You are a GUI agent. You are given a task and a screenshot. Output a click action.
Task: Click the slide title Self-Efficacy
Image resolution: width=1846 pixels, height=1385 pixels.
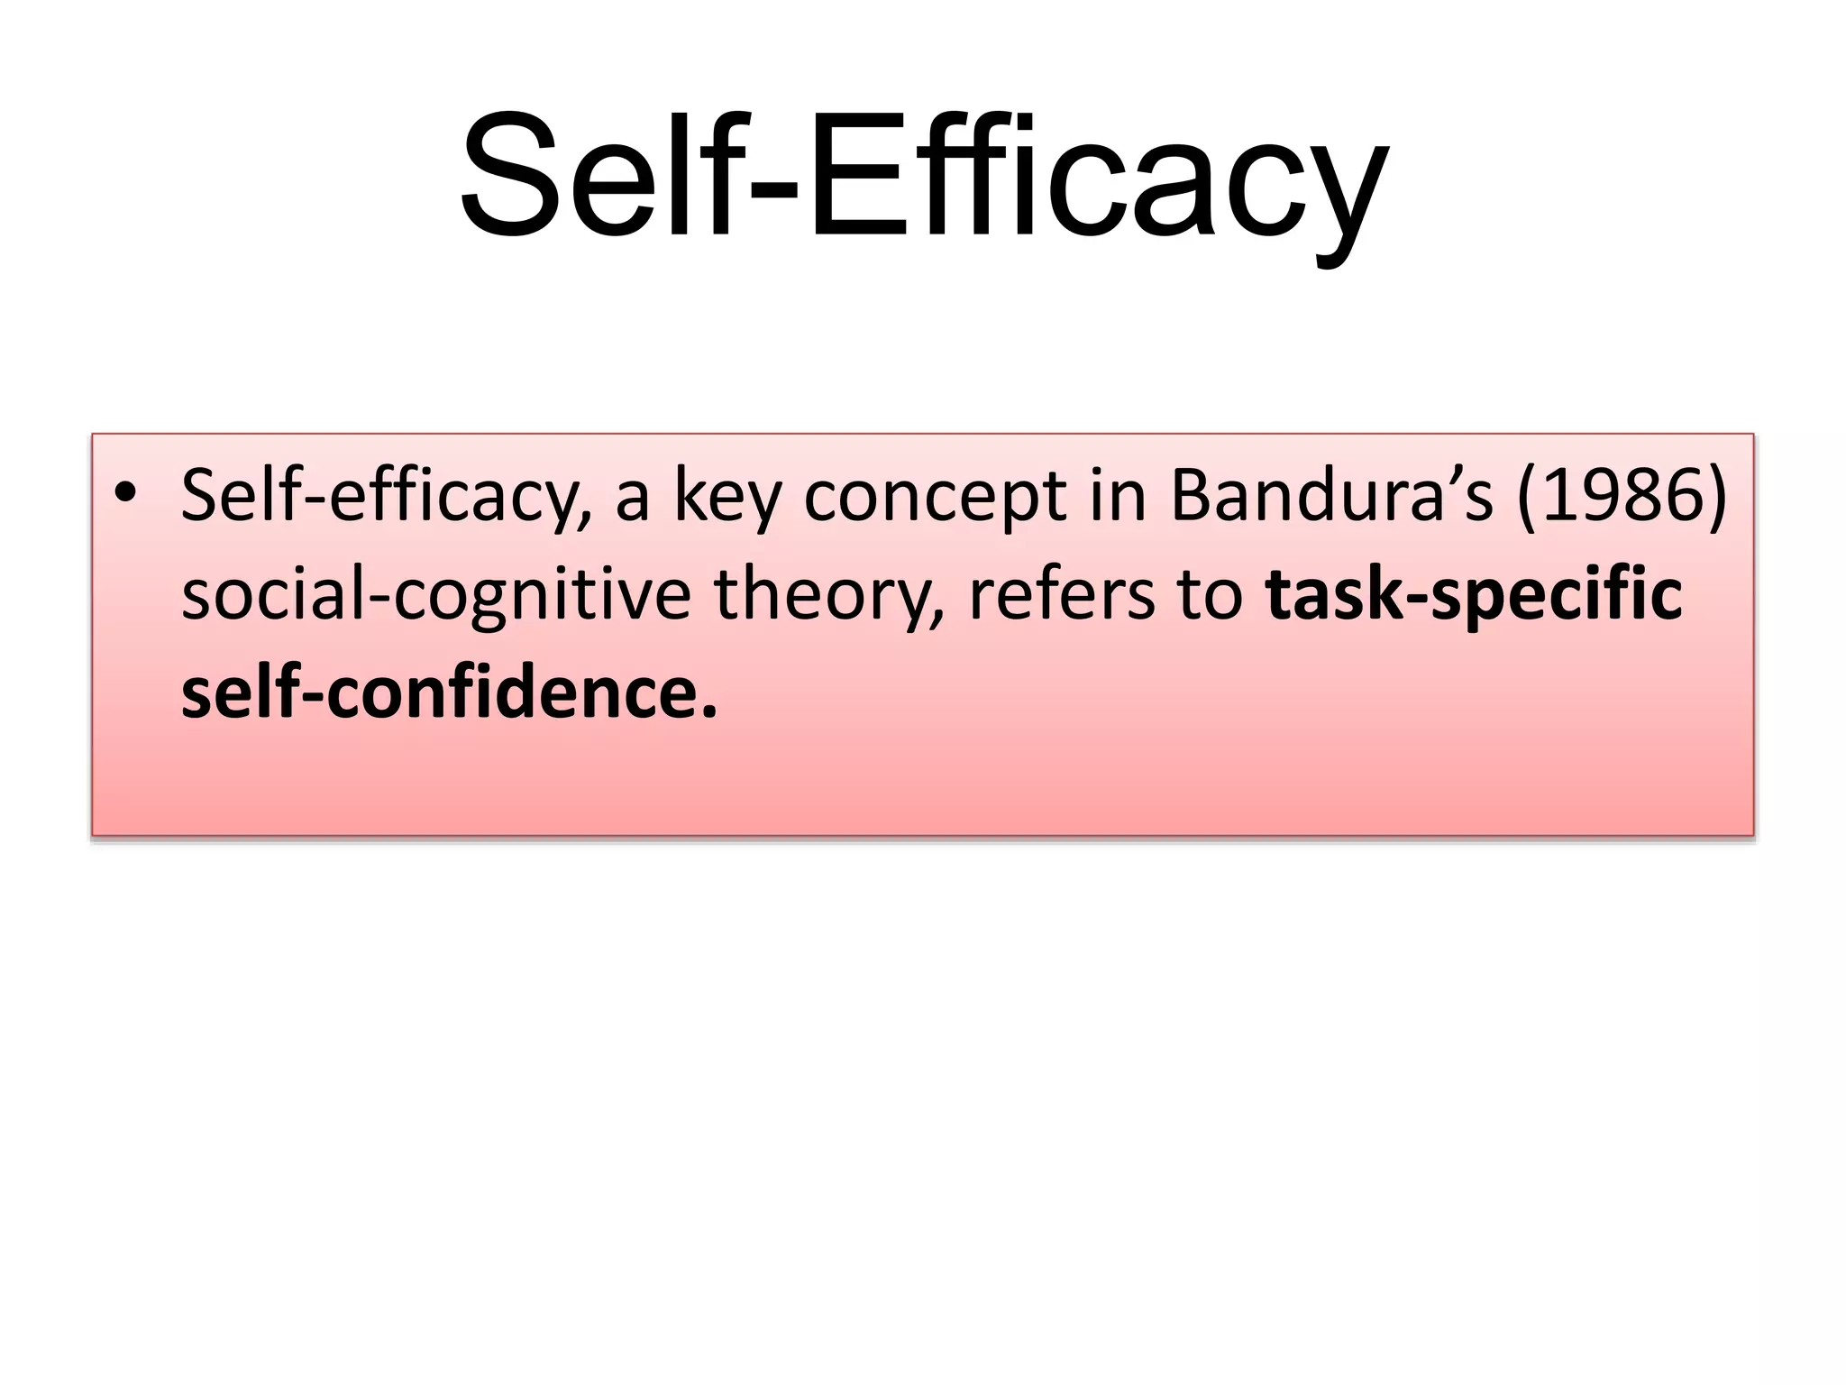click(x=923, y=176)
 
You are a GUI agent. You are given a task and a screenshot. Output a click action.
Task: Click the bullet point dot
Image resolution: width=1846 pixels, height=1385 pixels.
click(x=125, y=493)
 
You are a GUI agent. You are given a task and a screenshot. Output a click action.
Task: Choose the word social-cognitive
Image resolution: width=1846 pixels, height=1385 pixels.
click(x=435, y=597)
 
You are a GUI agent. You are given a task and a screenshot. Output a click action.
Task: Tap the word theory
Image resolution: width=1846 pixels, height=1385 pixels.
click(x=829, y=597)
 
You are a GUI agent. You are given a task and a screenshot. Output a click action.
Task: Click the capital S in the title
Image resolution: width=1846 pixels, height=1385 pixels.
click(x=510, y=176)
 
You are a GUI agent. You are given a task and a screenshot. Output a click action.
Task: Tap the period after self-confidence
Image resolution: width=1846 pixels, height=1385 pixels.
click(x=709, y=713)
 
